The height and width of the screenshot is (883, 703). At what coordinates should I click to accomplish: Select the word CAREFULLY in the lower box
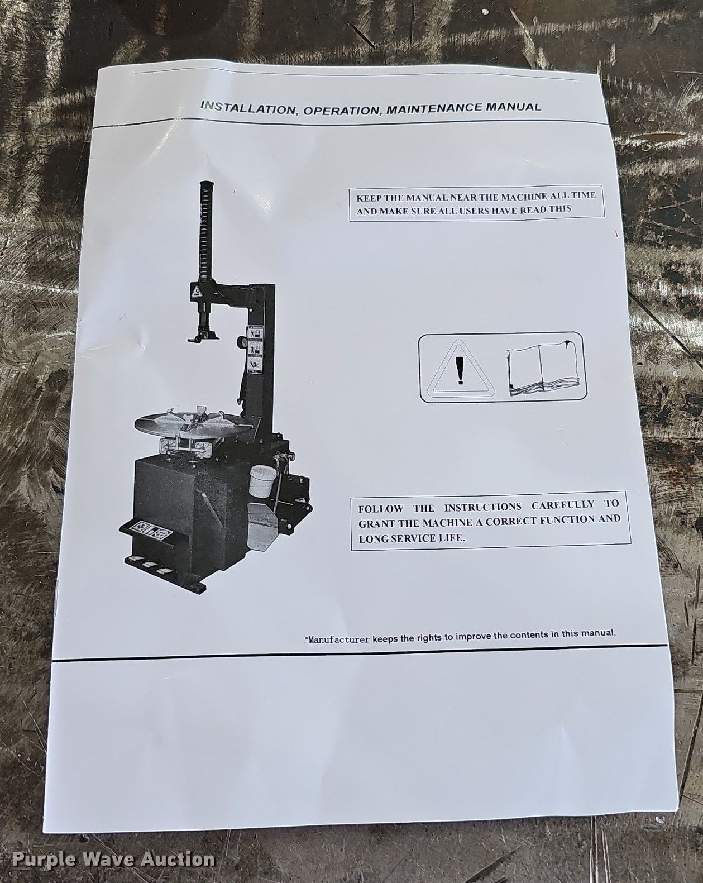click(562, 505)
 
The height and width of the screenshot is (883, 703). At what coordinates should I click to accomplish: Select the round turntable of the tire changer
click(193, 422)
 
